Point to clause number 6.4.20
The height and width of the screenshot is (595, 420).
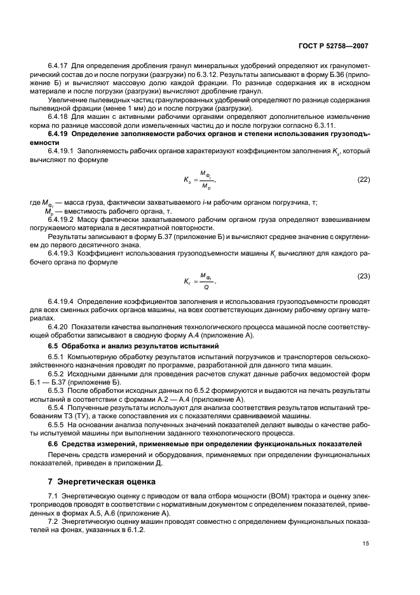(x=59, y=325)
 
